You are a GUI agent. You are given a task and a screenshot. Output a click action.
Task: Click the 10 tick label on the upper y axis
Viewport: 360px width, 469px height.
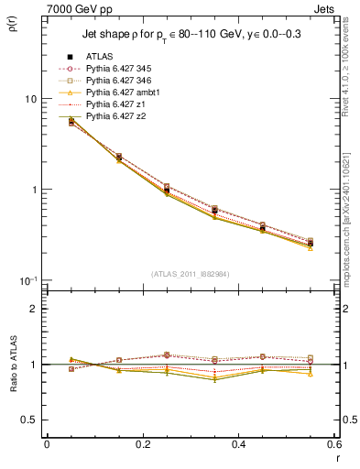tap(30, 99)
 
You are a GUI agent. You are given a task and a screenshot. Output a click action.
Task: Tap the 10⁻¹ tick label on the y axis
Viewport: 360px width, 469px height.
tap(27, 279)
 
